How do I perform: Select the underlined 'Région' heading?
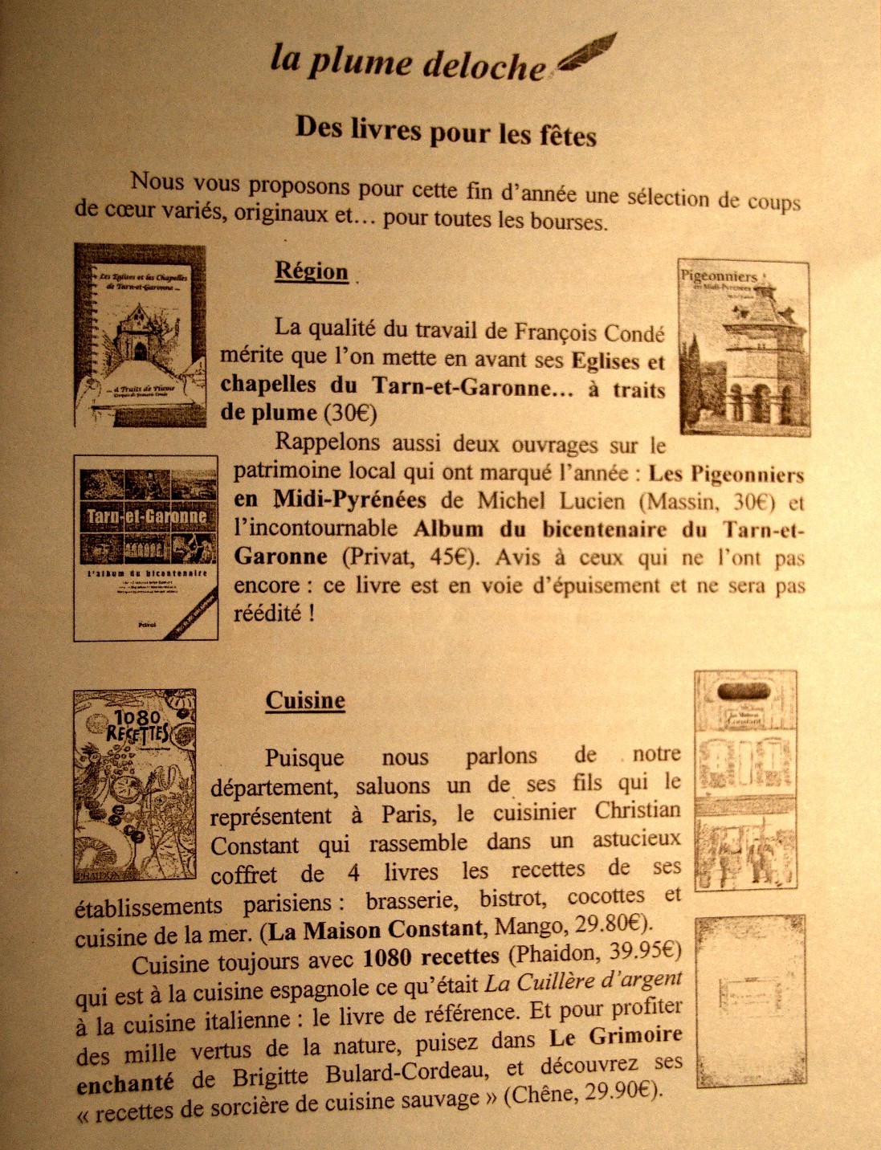(x=312, y=271)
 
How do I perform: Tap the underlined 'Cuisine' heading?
(x=305, y=700)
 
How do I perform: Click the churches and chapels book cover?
(x=141, y=336)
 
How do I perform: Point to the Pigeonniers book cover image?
(x=744, y=347)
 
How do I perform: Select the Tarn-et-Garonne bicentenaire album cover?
(x=145, y=548)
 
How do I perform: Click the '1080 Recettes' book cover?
(x=135, y=785)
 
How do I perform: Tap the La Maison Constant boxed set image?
(x=745, y=779)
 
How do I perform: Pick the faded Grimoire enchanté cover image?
(x=751, y=1001)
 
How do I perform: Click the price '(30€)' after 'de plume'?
(x=349, y=414)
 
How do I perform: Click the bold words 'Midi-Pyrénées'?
(x=350, y=500)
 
